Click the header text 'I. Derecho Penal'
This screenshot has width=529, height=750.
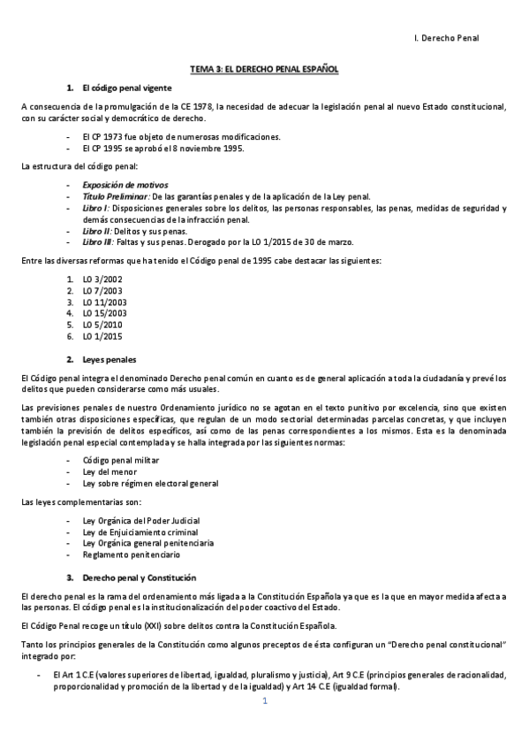tap(445, 39)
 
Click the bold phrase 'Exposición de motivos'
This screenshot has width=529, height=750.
tap(119, 184)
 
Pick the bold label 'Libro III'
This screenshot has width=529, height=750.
tap(98, 241)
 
